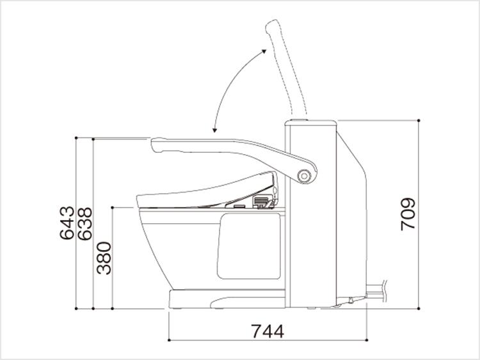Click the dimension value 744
pyautogui.click(x=268, y=331)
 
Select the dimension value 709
pyautogui.click(x=408, y=214)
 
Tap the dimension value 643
pyautogui.click(x=67, y=223)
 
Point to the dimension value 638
pyautogui.click(x=84, y=224)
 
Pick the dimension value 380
pyautogui.click(x=104, y=258)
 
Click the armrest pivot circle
pyautogui.click(x=304, y=176)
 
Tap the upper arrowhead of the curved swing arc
pyautogui.click(x=264, y=51)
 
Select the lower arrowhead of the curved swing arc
pyautogui.click(x=214, y=130)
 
